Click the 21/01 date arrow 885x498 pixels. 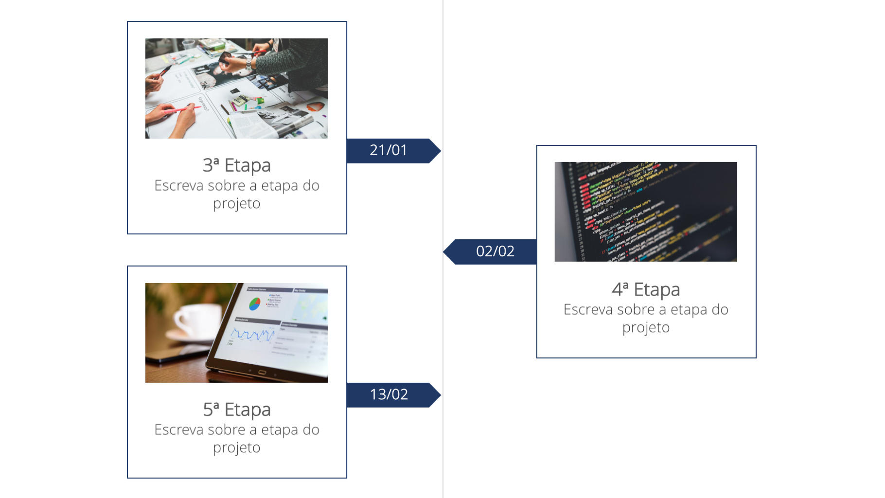point(389,151)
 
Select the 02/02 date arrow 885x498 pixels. point(494,251)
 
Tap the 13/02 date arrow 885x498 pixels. point(389,395)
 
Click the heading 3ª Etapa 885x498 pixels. point(237,165)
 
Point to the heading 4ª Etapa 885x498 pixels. point(646,290)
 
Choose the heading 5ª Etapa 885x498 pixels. point(237,410)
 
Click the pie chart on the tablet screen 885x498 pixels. point(254,304)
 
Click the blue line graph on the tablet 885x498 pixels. point(253,334)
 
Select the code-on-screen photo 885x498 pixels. point(646,212)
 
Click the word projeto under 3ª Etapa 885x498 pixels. point(237,204)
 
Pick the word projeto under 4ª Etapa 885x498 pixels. point(646,328)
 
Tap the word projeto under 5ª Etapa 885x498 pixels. point(237,448)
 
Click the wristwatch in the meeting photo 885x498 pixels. point(249,62)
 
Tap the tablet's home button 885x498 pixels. point(262,373)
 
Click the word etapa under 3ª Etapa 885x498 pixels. point(280,186)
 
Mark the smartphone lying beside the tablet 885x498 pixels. point(175,355)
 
